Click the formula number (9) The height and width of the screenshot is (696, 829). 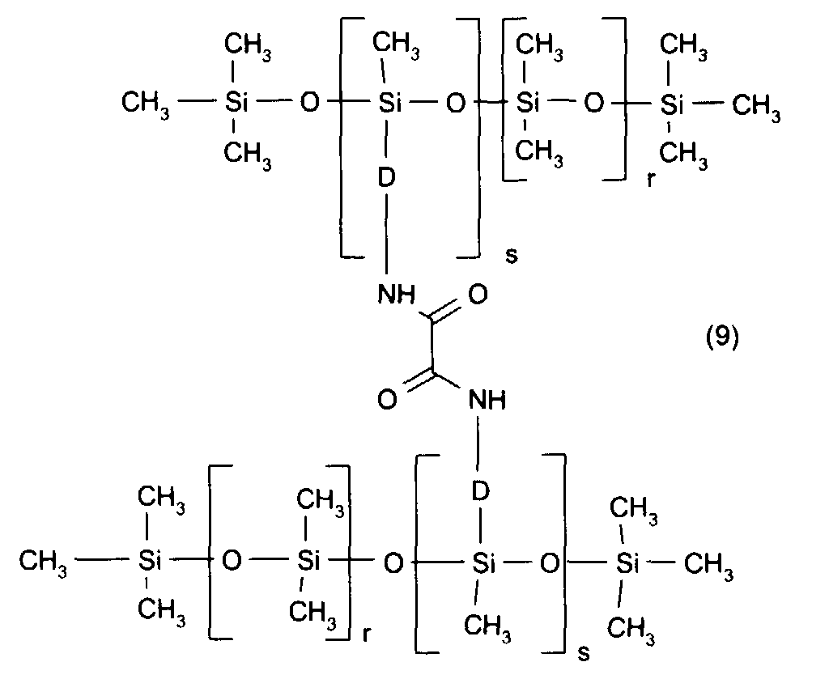click(x=722, y=337)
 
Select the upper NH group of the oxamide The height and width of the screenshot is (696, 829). click(x=397, y=294)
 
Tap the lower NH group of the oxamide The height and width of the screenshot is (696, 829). click(x=487, y=400)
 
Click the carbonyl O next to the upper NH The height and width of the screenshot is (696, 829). click(x=478, y=294)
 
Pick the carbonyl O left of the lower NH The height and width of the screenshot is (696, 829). click(x=387, y=400)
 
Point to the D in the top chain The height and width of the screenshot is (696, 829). click(x=386, y=177)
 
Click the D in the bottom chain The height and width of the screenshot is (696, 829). click(x=481, y=491)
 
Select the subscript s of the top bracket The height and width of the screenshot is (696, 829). click(x=512, y=256)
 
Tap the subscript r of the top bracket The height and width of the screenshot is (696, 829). click(x=650, y=180)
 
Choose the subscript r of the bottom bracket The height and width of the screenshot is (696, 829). click(x=367, y=634)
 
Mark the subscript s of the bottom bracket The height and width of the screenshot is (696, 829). click(x=583, y=654)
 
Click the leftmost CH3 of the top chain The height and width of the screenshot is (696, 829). click(x=146, y=103)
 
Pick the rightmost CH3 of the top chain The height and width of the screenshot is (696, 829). click(x=756, y=106)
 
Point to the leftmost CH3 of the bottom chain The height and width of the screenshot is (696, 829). click(x=43, y=561)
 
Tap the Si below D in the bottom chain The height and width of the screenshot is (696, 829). click(x=483, y=563)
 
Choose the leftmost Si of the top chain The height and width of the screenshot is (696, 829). click(x=236, y=102)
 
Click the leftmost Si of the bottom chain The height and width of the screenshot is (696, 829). click(x=150, y=560)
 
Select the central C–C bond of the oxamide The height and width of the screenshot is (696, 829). click(x=432, y=346)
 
